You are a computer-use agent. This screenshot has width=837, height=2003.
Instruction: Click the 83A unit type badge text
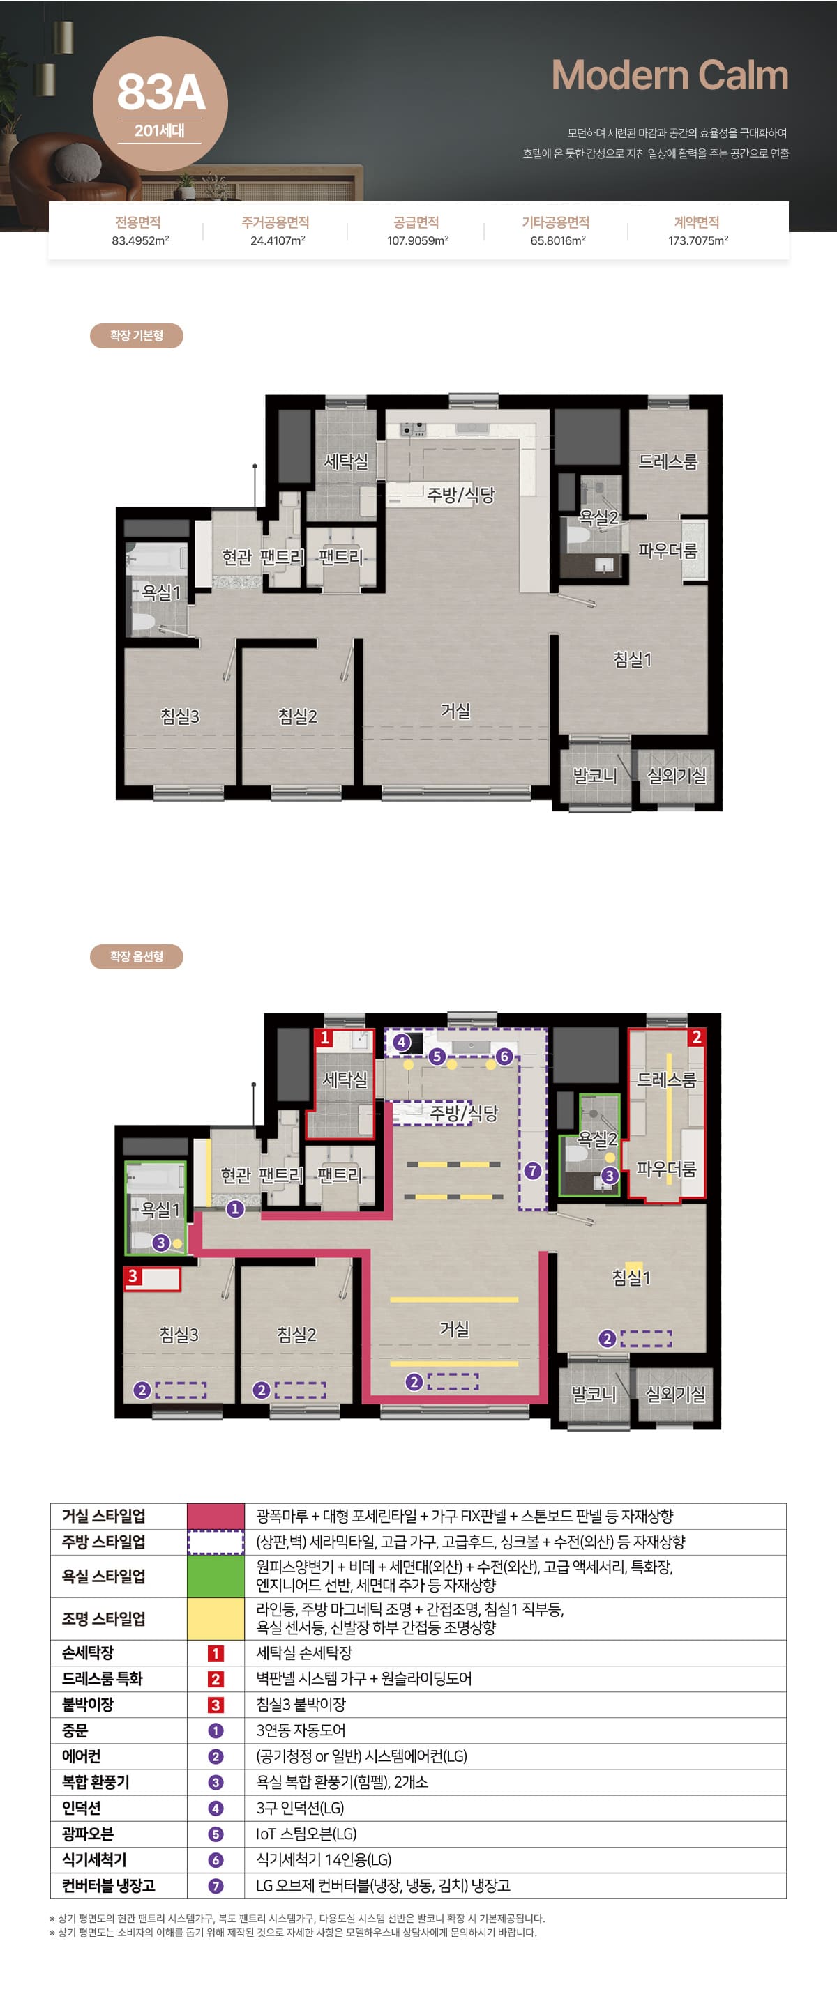pos(161,92)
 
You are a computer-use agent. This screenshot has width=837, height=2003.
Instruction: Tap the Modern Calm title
pos(670,75)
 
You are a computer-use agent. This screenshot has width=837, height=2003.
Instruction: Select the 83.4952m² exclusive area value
pos(140,241)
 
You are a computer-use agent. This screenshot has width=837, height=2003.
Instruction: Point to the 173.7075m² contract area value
pos(697,241)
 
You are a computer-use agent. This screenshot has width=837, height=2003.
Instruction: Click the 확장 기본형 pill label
pos(136,336)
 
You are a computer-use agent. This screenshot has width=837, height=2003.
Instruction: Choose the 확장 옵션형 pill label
pos(136,956)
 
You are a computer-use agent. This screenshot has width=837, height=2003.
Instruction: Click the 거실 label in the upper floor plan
pos(455,711)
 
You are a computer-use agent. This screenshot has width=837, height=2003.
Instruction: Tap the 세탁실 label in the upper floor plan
pos(346,461)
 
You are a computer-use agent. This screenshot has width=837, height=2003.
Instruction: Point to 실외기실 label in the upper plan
pos(677,775)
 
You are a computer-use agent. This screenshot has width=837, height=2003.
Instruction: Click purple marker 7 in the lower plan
pos(532,1170)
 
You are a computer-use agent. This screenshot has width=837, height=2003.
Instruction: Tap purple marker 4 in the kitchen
pos(401,1042)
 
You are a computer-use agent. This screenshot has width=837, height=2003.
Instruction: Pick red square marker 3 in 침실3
pos(133,1276)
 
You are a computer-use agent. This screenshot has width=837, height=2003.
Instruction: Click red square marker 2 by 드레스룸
pos(696,1036)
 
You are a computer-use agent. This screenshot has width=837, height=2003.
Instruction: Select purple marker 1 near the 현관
pos(234,1208)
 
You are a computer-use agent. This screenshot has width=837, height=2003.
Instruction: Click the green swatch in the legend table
pos(216,1576)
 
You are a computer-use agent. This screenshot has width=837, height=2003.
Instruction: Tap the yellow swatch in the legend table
pos(216,1619)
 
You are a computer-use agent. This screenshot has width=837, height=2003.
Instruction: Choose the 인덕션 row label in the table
pos(82,1808)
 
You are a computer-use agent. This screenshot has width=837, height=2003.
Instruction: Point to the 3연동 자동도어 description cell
pos(300,1730)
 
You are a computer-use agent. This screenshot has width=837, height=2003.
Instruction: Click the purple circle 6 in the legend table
pos(216,1860)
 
